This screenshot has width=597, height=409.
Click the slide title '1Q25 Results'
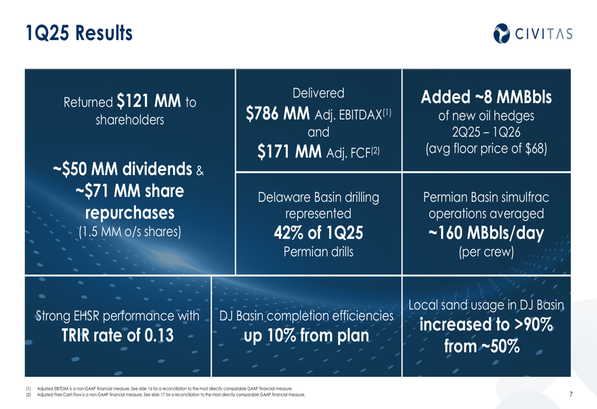tap(79, 33)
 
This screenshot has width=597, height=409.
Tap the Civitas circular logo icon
tap(501, 33)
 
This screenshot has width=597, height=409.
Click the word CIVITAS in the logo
tap(544, 34)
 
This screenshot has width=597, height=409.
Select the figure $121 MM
tap(149, 102)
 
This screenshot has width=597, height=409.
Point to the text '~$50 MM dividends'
tap(122, 169)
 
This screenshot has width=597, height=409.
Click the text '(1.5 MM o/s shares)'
tap(130, 232)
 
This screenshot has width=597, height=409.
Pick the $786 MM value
tap(278, 113)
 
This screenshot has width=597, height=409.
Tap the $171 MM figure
tap(290, 152)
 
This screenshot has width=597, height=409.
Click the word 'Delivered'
tap(318, 93)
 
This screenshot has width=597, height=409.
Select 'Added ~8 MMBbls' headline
tap(486, 97)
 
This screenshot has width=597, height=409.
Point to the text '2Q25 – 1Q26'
tap(486, 132)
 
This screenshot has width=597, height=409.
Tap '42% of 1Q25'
tap(318, 233)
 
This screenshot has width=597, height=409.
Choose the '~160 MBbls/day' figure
tap(486, 233)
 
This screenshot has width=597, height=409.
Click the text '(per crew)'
tap(486, 252)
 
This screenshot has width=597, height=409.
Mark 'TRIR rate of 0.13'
tap(118, 336)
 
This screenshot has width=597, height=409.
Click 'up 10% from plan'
tap(306, 336)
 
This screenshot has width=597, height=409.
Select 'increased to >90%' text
tap(486, 324)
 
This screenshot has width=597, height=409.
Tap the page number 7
tap(571, 394)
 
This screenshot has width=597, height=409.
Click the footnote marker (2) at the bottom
tap(29, 395)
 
